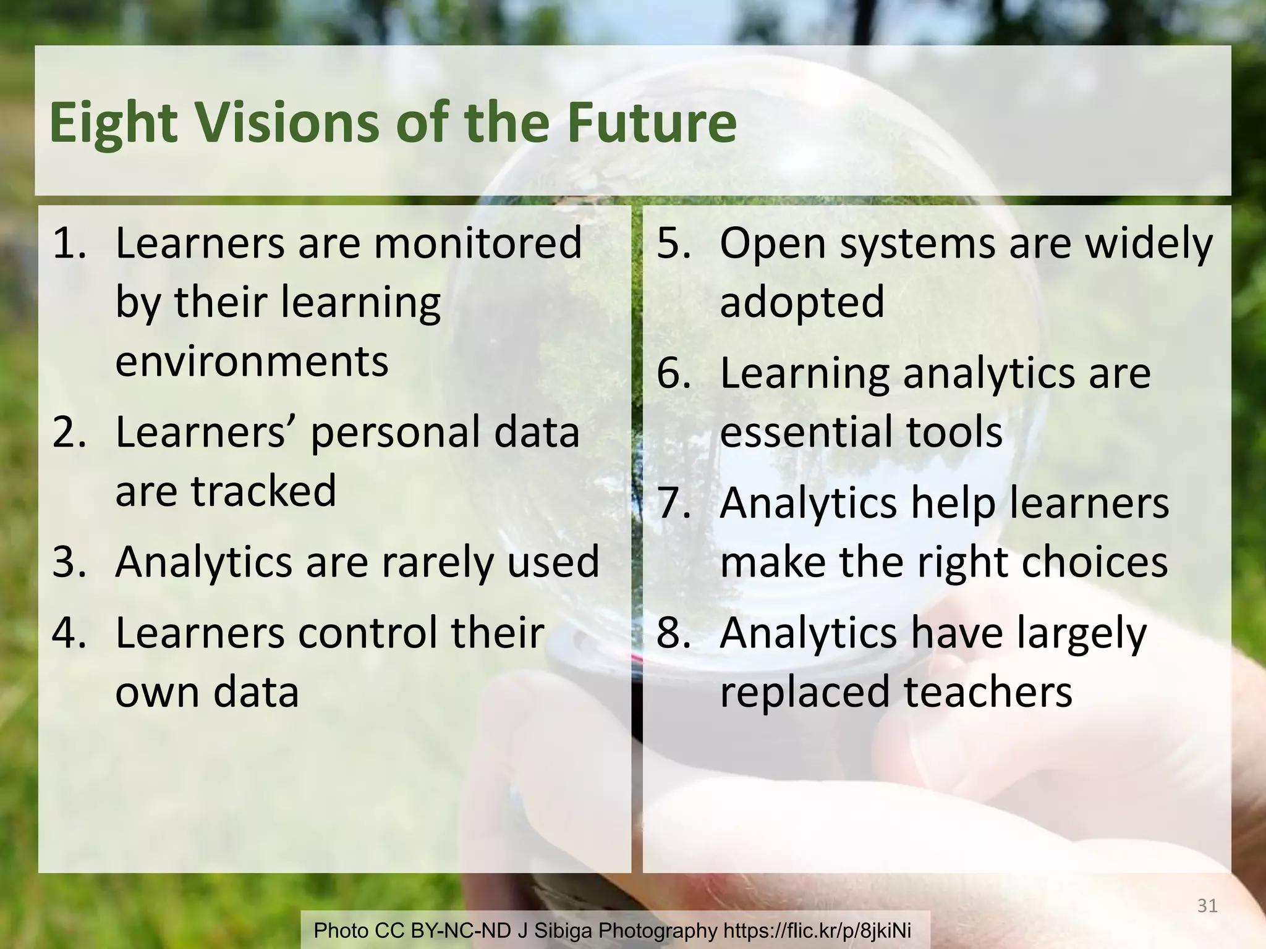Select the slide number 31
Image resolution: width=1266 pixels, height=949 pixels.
coord(1207,906)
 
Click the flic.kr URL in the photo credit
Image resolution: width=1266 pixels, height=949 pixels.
coord(817,930)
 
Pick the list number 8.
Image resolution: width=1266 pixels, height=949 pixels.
coord(673,633)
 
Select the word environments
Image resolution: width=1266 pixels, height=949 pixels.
coord(252,361)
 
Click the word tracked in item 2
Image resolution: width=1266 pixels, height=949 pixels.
coord(263,491)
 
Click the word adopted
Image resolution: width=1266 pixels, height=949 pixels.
coord(802,302)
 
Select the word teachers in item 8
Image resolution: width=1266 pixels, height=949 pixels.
coord(988,691)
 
